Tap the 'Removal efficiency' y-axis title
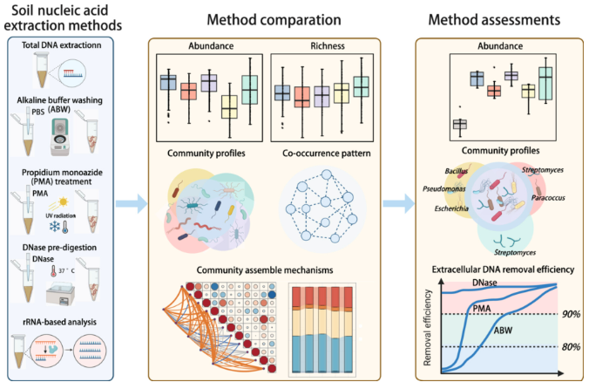click(x=426, y=327)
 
